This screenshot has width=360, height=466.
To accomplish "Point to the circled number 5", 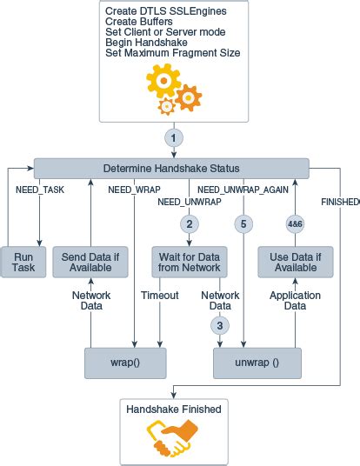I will coord(243,223).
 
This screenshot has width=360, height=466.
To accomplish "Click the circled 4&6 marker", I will coord(296,223).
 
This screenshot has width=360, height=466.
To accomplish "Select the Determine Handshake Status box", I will coord(171,168).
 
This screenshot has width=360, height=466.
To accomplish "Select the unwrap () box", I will coord(257,363).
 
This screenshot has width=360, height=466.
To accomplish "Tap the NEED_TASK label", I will coord(41,189).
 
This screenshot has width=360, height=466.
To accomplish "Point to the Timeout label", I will coord(159,296).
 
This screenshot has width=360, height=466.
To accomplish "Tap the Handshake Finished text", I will coord(174,409).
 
